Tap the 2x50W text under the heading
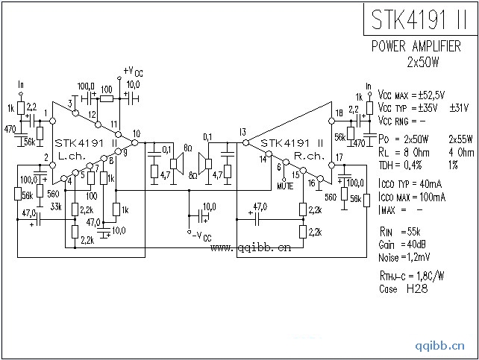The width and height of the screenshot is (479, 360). (x=424, y=60)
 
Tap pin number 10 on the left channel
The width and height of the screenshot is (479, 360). (x=136, y=135)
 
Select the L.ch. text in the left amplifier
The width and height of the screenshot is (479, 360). (x=72, y=157)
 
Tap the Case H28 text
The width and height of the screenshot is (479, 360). (x=398, y=288)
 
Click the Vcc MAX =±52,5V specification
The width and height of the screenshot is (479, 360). (x=411, y=95)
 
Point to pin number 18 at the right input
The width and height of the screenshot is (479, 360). (x=339, y=113)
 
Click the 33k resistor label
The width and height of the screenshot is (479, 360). (x=56, y=206)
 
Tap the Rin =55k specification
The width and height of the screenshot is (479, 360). (x=399, y=233)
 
